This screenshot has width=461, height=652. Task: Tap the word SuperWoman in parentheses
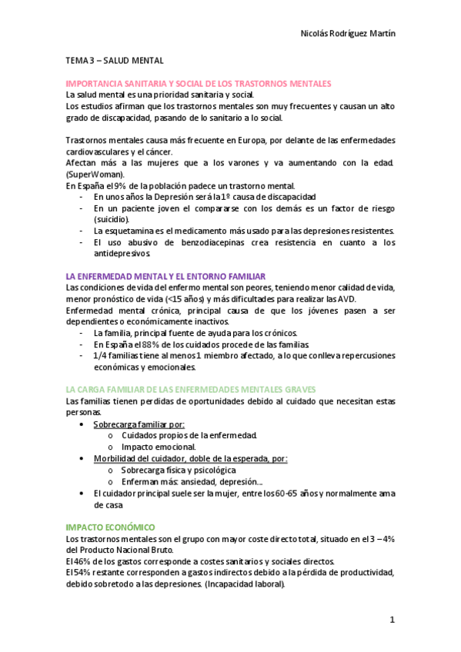[x=92, y=175]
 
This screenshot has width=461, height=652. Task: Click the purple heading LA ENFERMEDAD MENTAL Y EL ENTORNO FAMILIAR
[x=166, y=275]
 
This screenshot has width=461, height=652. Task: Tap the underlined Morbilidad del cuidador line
[x=190, y=458]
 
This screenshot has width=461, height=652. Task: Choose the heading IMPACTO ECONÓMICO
[x=111, y=527]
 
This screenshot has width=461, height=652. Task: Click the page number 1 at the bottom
[x=392, y=620]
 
